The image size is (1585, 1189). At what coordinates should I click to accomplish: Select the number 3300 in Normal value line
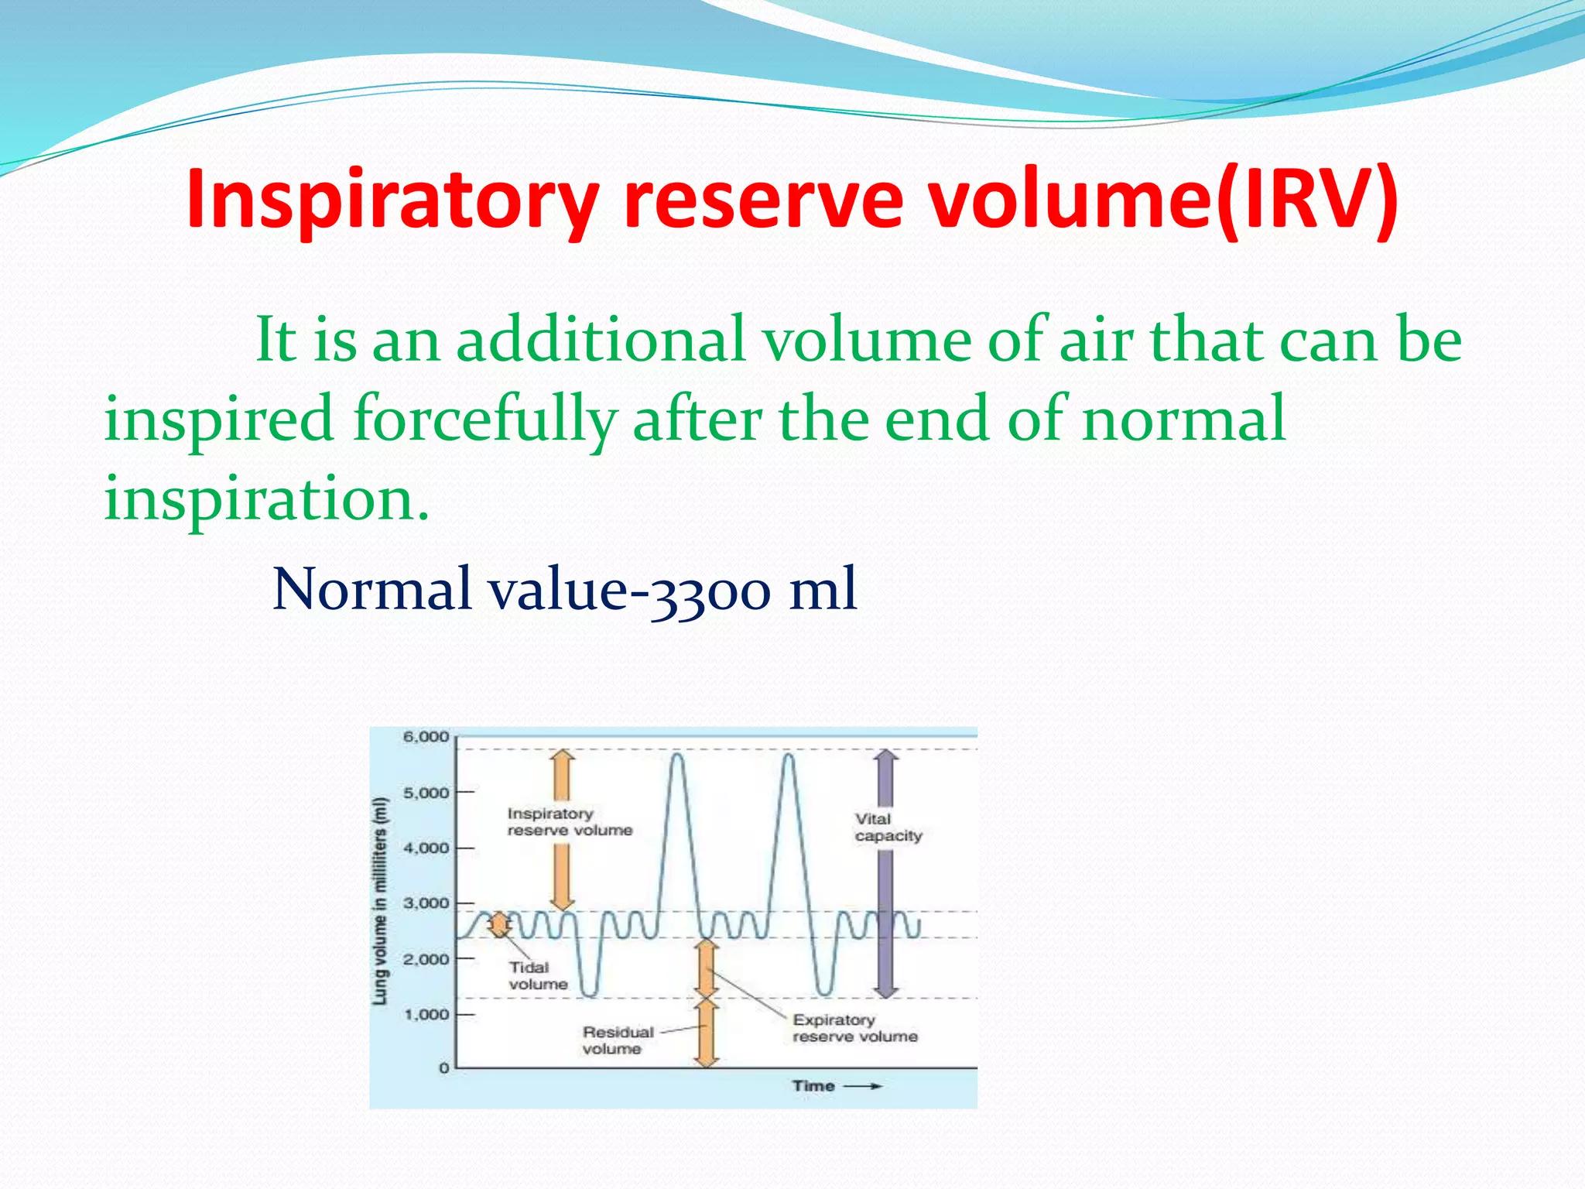point(710,591)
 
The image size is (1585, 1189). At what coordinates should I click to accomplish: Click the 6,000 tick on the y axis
point(426,737)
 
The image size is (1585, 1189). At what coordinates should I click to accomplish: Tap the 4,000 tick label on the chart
point(426,848)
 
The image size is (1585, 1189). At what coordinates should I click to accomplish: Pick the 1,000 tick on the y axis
point(426,1014)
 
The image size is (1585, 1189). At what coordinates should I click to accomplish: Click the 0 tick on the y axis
point(443,1068)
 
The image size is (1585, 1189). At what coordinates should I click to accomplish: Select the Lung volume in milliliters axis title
point(380,902)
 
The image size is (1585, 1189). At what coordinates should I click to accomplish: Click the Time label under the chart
point(813,1086)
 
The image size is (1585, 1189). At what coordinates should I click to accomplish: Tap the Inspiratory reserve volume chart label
point(569,822)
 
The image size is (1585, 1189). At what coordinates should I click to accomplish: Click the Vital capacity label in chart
point(888,828)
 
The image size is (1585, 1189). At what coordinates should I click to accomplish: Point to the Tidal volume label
point(538,975)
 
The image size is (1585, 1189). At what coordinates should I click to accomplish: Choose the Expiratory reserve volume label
point(854,1028)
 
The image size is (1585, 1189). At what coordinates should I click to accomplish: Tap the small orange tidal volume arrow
point(500,924)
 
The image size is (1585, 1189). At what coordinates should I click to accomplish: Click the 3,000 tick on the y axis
point(426,903)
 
